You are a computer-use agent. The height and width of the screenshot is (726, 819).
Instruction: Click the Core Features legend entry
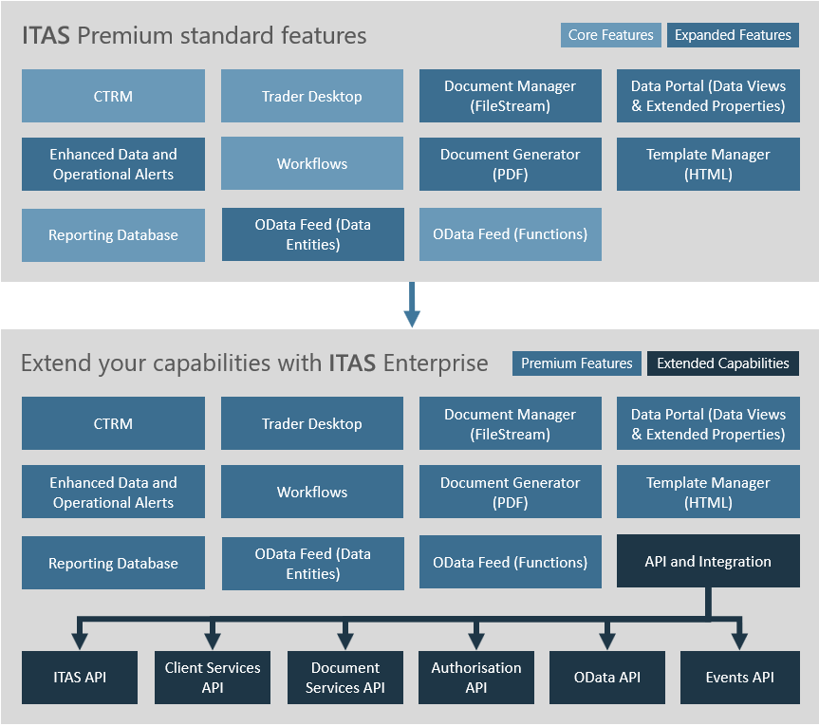point(610,35)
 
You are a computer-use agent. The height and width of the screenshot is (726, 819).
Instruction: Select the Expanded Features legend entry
point(733,35)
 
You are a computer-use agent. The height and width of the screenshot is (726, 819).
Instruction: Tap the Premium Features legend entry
point(577,363)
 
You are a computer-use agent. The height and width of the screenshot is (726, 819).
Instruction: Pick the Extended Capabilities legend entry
point(723,363)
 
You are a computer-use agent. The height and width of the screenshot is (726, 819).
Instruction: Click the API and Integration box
point(708,561)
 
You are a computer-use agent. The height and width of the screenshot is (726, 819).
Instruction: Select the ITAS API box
point(80,677)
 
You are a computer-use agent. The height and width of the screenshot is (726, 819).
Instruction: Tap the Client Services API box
point(213,677)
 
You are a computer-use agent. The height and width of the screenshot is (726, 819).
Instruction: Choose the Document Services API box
point(345,677)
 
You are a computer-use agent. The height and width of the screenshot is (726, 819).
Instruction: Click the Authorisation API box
point(476,677)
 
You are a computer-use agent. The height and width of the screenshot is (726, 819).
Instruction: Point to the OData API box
point(607,677)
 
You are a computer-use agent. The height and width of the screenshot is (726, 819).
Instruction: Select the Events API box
point(739,677)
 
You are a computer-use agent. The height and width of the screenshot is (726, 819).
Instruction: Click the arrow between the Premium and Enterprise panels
point(412,305)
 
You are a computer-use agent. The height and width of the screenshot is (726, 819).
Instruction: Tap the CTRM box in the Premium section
point(113,96)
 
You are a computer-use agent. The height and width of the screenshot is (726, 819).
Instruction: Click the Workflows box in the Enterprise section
point(312,492)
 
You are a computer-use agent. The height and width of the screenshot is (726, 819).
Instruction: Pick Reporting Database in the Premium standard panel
point(113,235)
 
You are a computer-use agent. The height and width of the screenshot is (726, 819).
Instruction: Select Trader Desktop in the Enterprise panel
point(312,423)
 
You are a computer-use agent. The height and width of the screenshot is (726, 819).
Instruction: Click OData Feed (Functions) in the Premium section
point(511,234)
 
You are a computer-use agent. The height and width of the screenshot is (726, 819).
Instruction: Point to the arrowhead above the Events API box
point(739,642)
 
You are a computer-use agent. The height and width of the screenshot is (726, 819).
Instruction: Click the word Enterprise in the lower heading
point(436,363)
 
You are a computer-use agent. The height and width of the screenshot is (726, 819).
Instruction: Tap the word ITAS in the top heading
point(46,35)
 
